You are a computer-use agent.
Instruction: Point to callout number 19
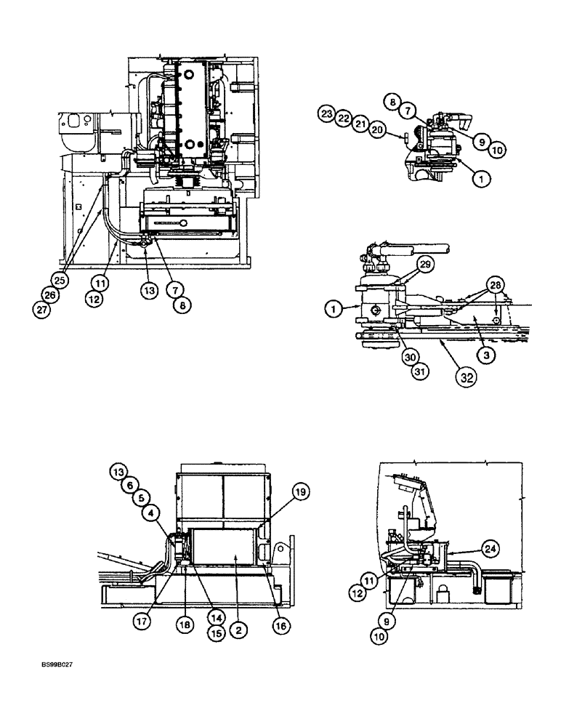(x=302, y=493)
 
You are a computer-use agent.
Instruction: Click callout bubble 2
(x=238, y=631)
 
